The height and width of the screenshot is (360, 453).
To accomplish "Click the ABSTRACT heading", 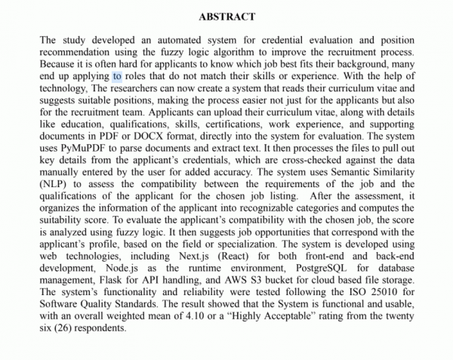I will tap(226, 17).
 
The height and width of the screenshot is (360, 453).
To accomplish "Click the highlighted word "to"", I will tap(117, 76).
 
